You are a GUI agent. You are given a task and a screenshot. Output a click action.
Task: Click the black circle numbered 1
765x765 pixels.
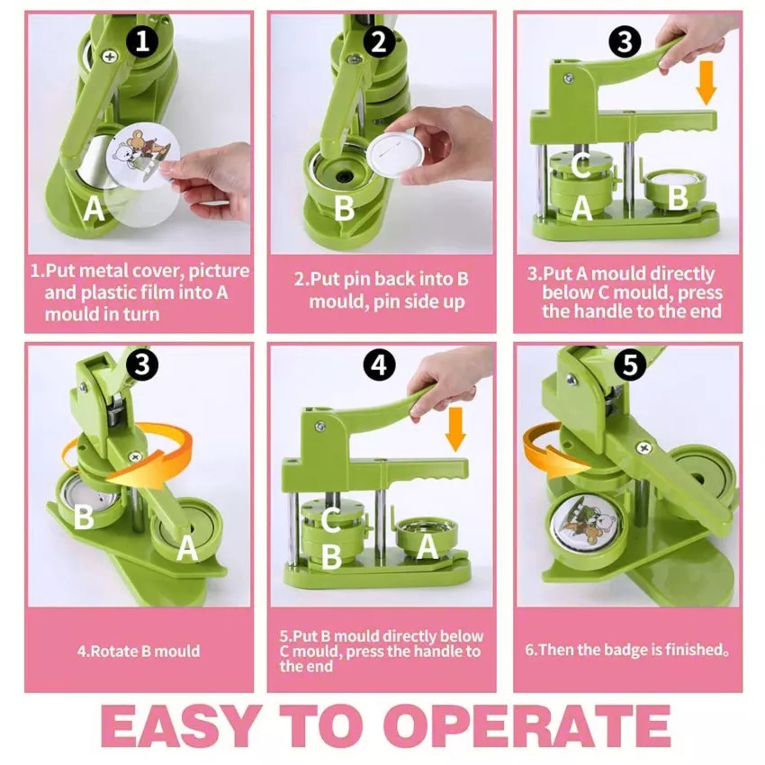(x=142, y=40)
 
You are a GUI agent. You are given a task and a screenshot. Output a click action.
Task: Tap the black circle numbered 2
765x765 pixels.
(x=379, y=41)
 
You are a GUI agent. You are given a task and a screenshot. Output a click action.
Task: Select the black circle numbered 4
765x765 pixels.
(x=379, y=364)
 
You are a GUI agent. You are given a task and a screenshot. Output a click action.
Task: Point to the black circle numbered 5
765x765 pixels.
(x=630, y=364)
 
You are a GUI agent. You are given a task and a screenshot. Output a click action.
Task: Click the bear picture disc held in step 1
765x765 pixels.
(x=143, y=155)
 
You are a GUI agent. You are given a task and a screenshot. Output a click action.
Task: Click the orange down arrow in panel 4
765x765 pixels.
(x=455, y=429)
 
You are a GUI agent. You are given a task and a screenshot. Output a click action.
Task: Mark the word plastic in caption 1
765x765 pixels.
(x=110, y=292)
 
